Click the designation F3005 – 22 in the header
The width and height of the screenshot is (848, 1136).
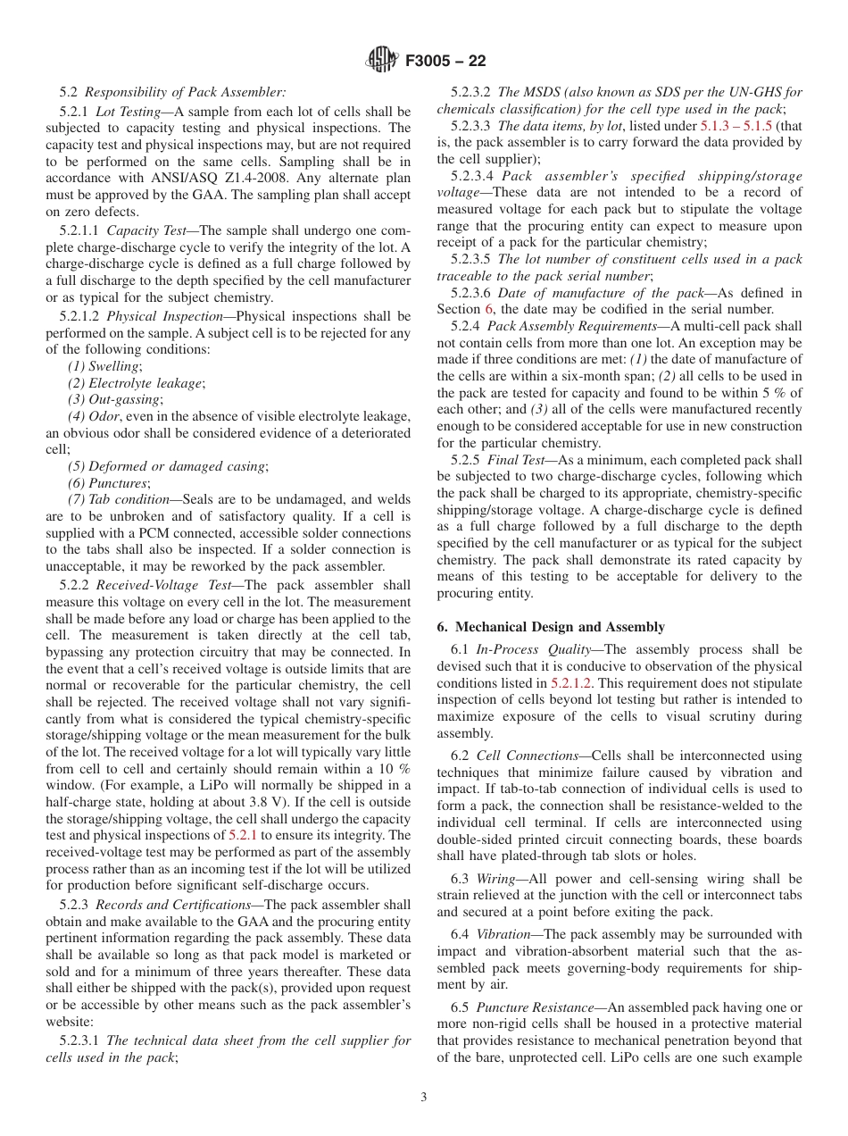coord(445,61)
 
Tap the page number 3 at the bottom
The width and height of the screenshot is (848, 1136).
coord(424,1097)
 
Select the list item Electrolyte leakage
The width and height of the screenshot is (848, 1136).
coord(136,383)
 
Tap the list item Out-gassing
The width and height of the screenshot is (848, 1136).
coord(115,399)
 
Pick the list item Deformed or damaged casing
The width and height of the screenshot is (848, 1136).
coord(167,466)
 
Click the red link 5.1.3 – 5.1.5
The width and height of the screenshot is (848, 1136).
coord(730,125)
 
